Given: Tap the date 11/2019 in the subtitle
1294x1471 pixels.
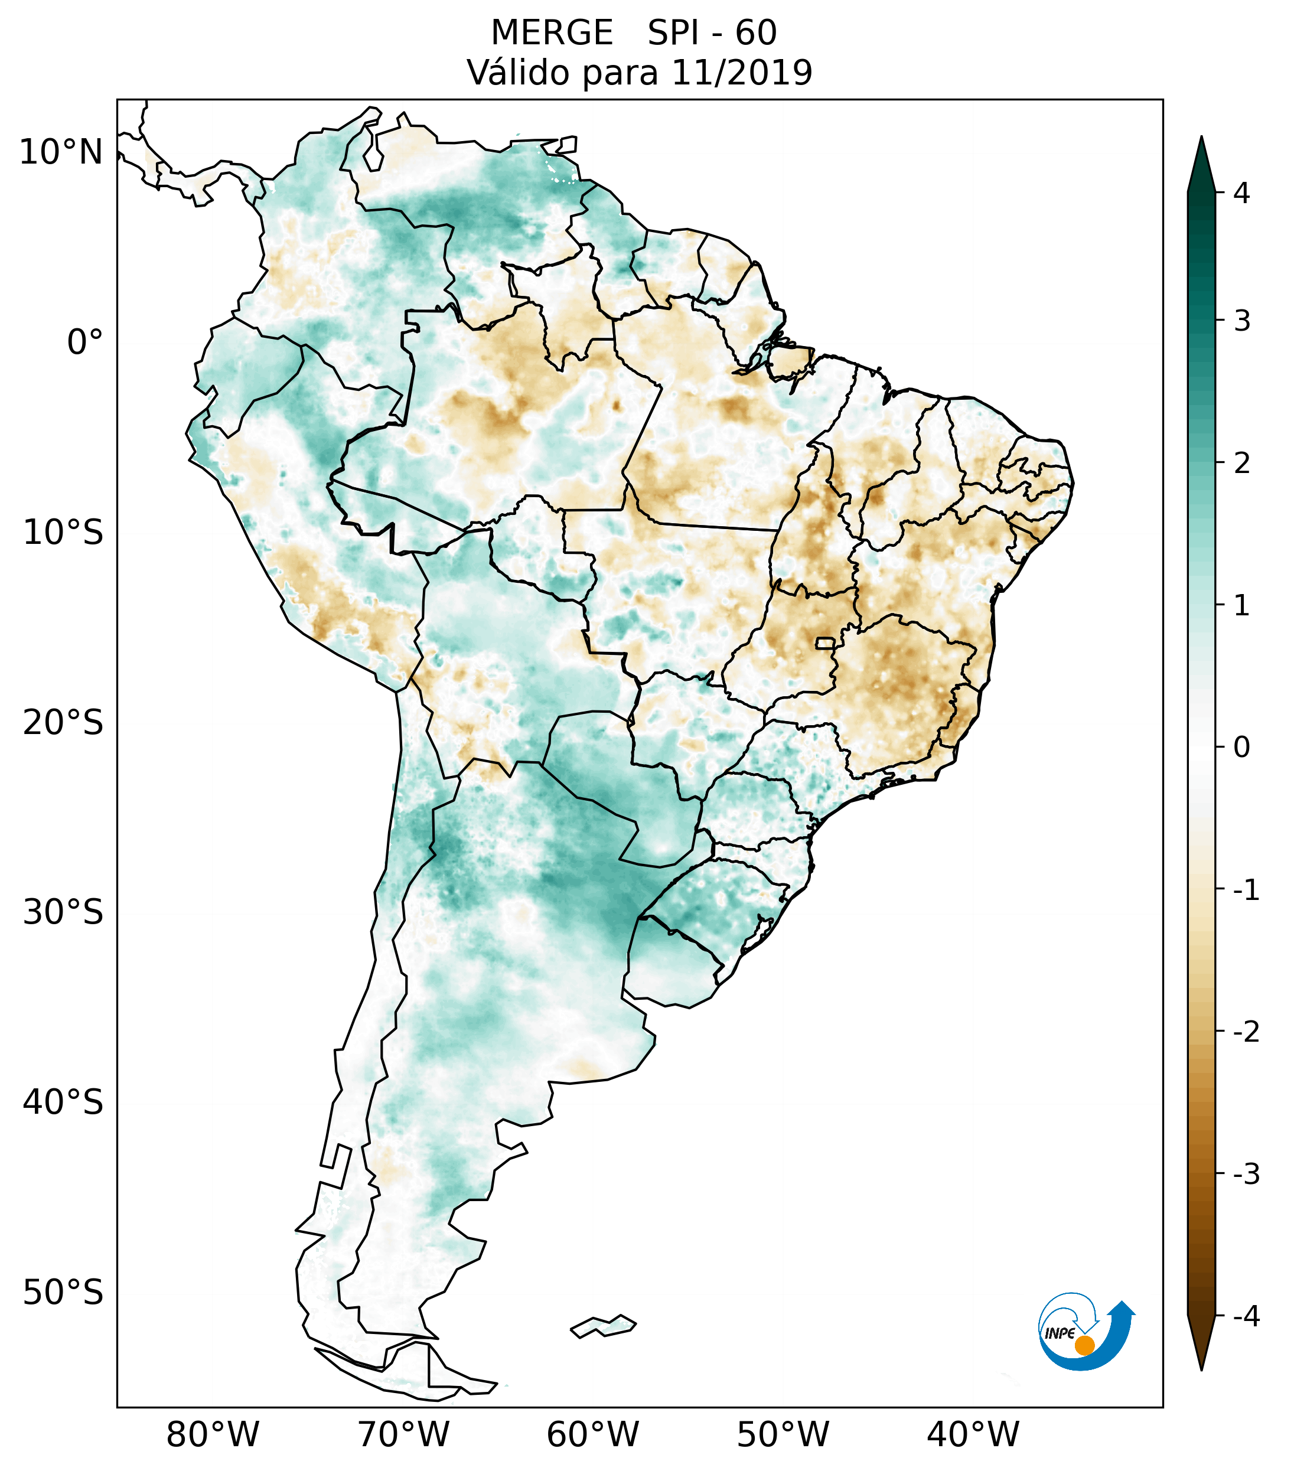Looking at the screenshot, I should coord(741,73).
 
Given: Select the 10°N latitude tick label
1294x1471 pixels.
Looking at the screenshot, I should coord(61,152).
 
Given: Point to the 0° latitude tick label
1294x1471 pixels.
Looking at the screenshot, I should coord(85,343).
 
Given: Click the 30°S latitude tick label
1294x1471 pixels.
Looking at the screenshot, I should coord(63,912).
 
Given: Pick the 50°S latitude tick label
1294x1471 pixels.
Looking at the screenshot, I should coord(63,1293).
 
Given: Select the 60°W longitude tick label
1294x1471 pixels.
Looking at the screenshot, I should coord(592,1434).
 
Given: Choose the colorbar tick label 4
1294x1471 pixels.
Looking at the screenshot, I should coord(1241,193).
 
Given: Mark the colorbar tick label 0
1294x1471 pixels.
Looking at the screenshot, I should coord(1241,747).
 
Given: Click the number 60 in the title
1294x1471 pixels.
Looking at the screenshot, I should coord(755,33).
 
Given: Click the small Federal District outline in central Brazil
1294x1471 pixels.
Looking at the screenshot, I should coord(826,642).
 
